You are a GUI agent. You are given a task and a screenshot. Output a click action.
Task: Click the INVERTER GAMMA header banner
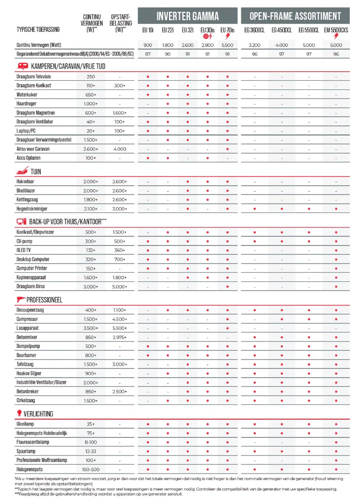(188, 16)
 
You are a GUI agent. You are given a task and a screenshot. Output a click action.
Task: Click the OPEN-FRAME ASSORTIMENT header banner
(295, 16)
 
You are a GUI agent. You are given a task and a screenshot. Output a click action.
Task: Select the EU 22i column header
(167, 30)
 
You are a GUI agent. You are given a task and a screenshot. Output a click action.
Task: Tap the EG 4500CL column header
(282, 30)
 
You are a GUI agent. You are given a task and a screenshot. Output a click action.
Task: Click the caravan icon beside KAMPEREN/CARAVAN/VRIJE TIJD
(22, 66)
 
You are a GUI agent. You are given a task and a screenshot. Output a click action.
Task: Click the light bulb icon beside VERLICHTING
(20, 413)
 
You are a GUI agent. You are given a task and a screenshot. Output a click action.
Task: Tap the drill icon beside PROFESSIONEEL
(21, 299)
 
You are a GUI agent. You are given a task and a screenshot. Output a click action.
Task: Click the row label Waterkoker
(27, 95)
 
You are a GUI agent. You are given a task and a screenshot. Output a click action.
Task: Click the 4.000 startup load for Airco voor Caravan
(120, 149)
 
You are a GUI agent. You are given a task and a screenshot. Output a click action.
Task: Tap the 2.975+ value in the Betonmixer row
(120, 337)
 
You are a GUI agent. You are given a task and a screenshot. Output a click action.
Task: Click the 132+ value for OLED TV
(90, 250)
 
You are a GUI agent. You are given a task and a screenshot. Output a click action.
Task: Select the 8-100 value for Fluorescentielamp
(90, 442)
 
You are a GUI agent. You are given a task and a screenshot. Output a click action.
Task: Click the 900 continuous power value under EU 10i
(148, 45)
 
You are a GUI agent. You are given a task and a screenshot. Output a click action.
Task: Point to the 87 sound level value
(148, 54)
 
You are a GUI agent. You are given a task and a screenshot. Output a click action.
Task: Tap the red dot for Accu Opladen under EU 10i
(148, 158)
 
